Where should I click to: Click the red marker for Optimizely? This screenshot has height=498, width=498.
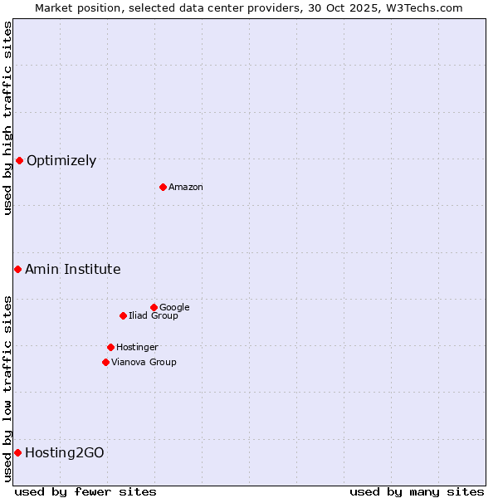click(x=19, y=160)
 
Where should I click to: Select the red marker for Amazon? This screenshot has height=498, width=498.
click(x=163, y=187)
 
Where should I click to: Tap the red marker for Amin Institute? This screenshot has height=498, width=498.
click(x=17, y=269)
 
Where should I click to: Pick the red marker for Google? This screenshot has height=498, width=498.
click(x=154, y=307)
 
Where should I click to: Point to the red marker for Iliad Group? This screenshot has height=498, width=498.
click(x=123, y=315)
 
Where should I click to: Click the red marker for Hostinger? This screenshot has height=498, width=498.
click(x=110, y=347)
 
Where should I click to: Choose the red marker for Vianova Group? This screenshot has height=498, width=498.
click(x=105, y=362)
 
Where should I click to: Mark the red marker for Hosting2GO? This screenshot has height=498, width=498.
click(x=17, y=452)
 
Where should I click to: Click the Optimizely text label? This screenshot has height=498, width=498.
click(x=61, y=161)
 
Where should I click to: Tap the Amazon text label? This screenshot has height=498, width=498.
click(x=186, y=188)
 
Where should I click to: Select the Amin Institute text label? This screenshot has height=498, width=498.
click(x=73, y=270)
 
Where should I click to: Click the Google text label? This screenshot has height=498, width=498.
click(x=174, y=308)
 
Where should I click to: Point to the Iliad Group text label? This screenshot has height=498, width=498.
click(x=154, y=316)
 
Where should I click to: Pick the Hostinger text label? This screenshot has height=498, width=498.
click(x=137, y=348)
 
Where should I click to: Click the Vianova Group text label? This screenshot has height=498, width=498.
click(x=144, y=363)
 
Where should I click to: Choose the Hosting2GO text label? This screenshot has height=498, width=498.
click(x=65, y=453)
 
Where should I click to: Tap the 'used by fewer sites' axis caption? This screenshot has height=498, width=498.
click(x=85, y=491)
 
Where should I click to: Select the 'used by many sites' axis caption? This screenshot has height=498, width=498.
click(x=417, y=491)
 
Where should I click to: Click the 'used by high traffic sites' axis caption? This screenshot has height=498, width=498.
click(x=7, y=118)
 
